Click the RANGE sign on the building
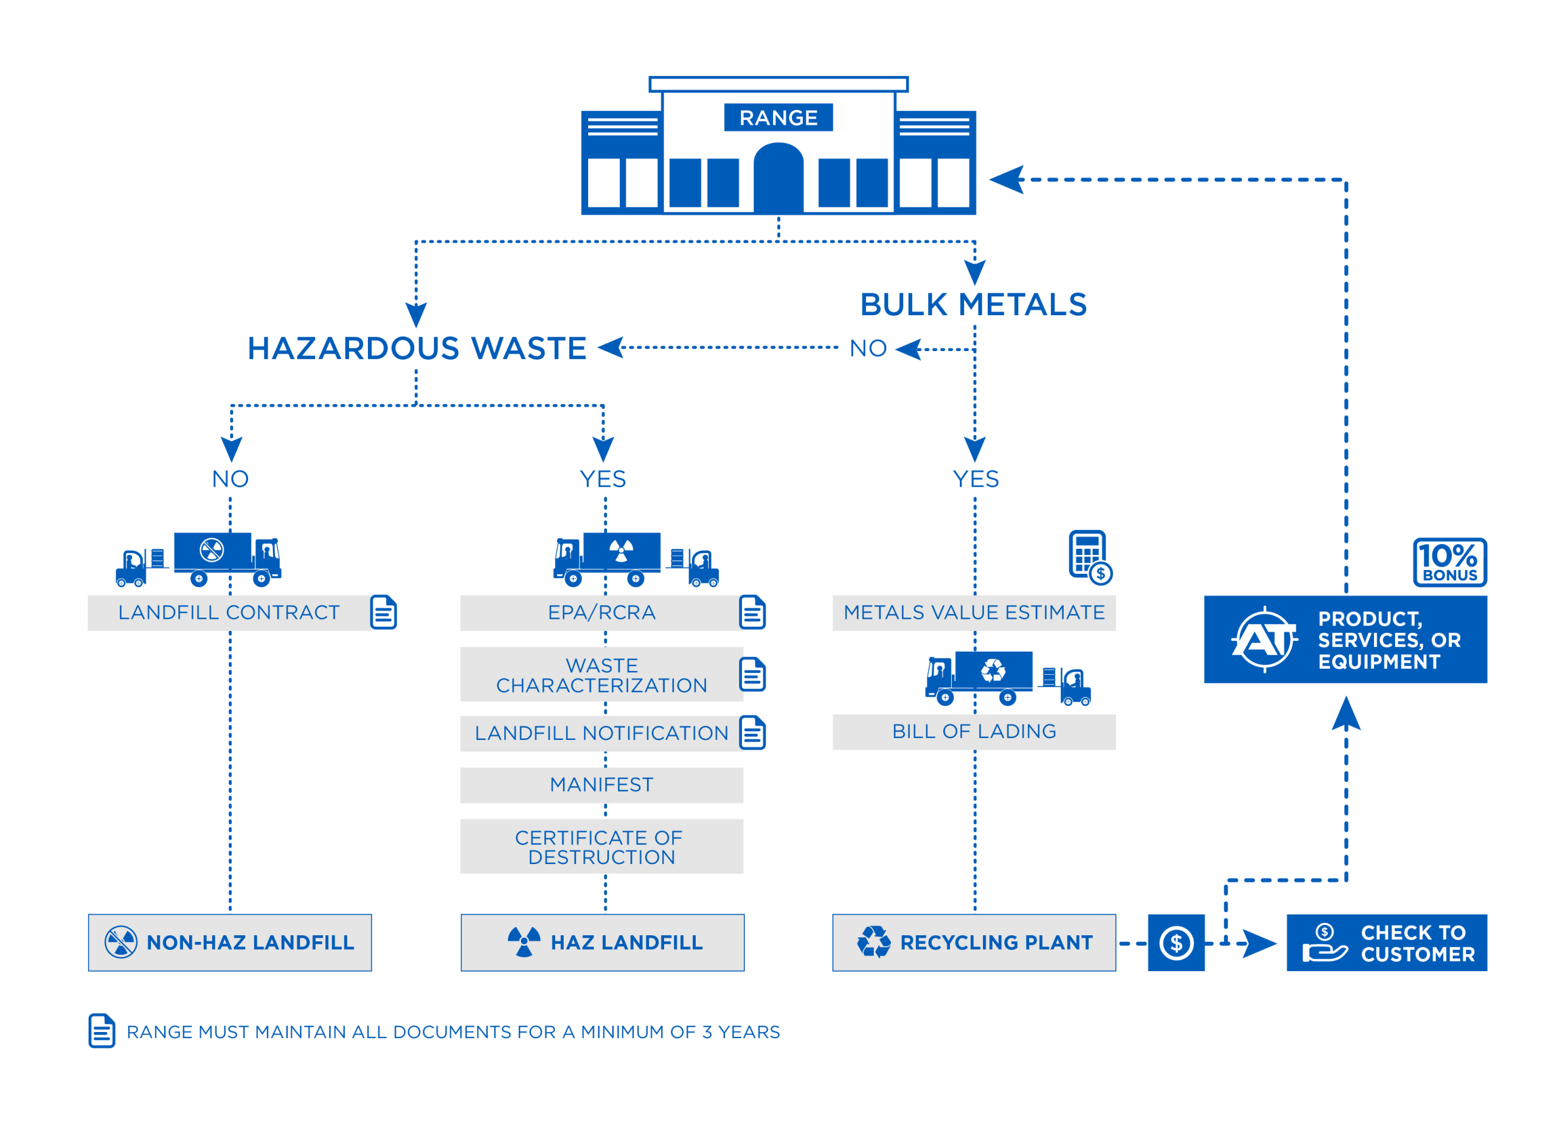pos(778,117)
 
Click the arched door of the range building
pos(778,178)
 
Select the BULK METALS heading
pos(974,305)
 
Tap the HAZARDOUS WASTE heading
pos(417,349)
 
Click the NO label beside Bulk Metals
pos(868,349)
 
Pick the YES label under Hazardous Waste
pos(603,479)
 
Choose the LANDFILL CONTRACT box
pos(229,613)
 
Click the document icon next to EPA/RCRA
pos(752,613)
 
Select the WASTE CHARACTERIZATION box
pos(602,675)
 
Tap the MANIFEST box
pos(602,785)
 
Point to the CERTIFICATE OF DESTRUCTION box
pos(602,846)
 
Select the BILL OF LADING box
pos(974,732)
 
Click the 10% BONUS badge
pos(1449,562)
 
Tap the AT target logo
pos(1264,640)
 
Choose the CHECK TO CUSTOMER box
pos(1386,943)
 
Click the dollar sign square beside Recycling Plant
pos(1176,943)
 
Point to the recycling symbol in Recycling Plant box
pos(874,942)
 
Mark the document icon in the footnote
pos(102,1031)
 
